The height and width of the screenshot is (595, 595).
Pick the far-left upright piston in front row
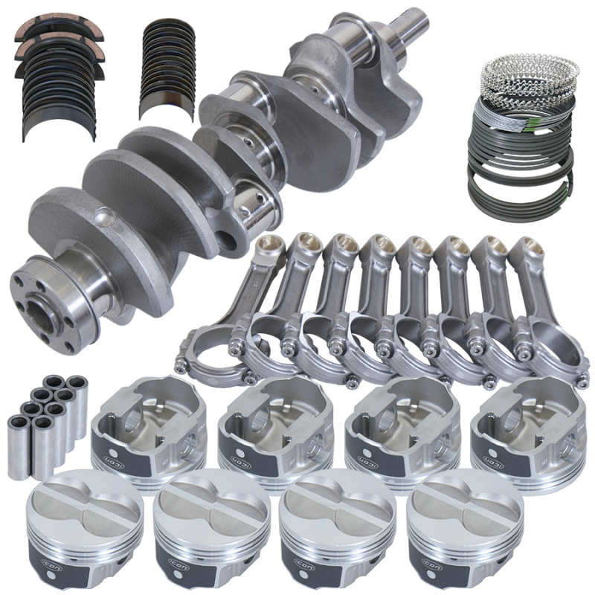point(74,521)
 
